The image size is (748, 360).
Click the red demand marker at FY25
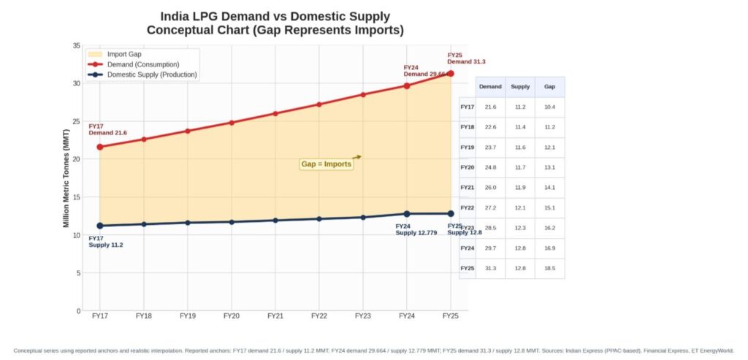point(451,74)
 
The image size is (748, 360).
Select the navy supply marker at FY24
point(407,214)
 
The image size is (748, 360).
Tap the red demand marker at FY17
point(100,147)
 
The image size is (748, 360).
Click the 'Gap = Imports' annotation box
point(327,164)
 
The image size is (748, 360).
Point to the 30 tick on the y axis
point(77,83)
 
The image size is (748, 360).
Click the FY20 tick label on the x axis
point(232,316)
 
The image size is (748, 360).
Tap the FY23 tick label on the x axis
point(363,316)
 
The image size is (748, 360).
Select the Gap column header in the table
point(549,87)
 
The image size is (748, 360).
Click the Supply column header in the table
point(520,87)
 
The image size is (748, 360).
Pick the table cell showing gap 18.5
point(549,269)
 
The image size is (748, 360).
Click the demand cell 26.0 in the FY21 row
point(490,188)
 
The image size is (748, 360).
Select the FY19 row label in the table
point(467,148)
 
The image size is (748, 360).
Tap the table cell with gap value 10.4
point(549,107)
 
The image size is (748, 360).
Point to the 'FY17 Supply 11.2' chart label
point(106,242)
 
